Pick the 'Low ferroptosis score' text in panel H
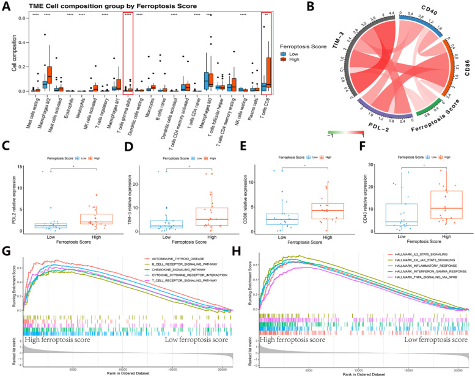[426, 340]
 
